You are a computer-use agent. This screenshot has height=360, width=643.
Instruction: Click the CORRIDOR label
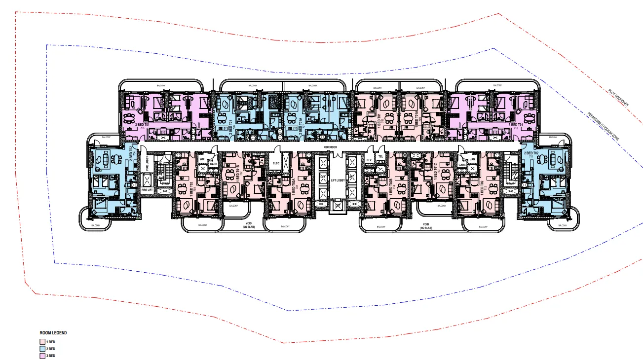[330, 147]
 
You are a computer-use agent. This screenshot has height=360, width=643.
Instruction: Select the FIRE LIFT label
[147, 189]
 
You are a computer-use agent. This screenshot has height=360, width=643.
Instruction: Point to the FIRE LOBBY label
[147, 164]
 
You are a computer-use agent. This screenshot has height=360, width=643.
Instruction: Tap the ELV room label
[369, 160]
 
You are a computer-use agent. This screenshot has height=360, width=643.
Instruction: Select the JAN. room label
[472, 159]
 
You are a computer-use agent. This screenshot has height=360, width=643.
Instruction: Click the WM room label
[202, 160]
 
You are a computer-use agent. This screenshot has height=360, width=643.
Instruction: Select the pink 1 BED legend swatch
[42, 342]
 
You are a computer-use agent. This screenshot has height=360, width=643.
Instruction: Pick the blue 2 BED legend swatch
[42, 349]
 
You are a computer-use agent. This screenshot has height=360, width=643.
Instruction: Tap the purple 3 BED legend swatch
[42, 356]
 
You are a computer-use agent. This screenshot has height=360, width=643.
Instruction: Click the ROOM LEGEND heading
[53, 333]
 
